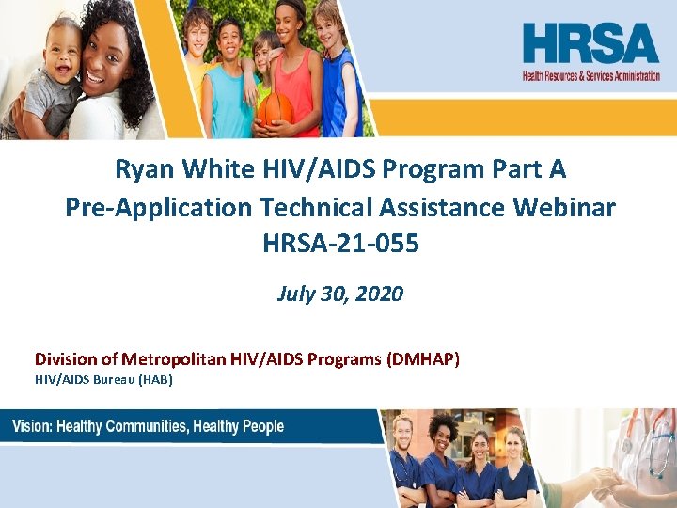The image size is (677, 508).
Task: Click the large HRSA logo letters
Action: [591, 44]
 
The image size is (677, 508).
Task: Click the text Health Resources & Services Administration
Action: [591, 76]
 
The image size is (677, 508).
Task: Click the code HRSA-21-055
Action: [340, 244]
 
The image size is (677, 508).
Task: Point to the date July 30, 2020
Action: [340, 294]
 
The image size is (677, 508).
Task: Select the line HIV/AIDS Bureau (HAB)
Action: [104, 378]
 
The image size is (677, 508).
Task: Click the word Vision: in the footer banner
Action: [32, 427]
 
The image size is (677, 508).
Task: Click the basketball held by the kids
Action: [276, 109]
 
